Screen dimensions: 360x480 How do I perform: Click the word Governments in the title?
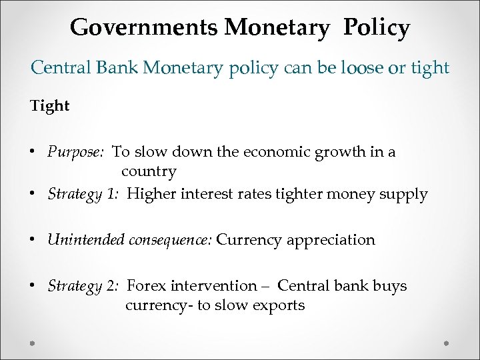point(145,27)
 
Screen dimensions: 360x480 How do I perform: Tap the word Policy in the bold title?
point(377,27)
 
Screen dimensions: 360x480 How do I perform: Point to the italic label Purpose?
point(75,152)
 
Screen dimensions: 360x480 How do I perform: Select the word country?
point(149,171)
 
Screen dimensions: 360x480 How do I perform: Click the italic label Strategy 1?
point(83,195)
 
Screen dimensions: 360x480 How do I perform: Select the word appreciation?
point(331,240)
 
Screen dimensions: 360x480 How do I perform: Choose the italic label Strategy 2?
point(83,286)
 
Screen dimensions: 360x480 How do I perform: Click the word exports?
point(278,305)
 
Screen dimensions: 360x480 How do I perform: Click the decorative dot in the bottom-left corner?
point(32,342)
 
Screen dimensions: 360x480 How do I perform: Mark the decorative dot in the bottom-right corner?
point(447,342)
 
